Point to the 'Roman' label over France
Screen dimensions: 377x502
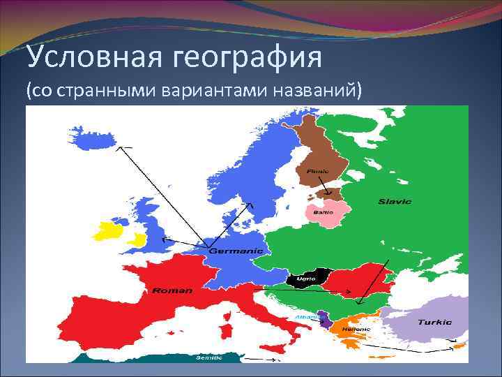[172, 290]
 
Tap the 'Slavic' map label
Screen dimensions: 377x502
[395, 202]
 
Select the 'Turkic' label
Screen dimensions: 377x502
[434, 323]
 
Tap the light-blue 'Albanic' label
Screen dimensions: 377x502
[306, 316]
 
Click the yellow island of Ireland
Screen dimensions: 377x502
[112, 231]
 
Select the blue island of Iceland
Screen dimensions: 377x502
[91, 138]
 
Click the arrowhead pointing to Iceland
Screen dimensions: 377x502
[119, 148]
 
